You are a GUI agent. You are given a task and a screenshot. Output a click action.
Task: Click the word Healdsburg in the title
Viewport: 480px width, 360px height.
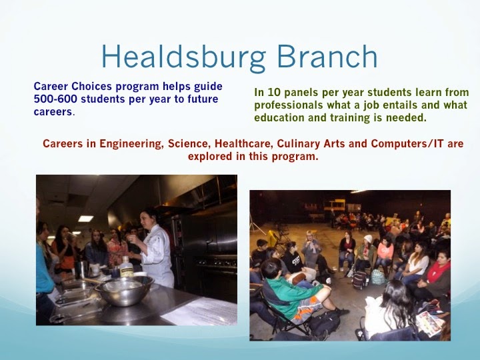(x=184, y=57)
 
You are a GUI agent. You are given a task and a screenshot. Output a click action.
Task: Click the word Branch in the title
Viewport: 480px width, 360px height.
(x=327, y=56)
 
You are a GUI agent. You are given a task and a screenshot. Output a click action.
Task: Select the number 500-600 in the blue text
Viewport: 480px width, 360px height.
(x=55, y=99)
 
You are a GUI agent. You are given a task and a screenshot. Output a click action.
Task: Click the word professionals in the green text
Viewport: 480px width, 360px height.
(x=289, y=105)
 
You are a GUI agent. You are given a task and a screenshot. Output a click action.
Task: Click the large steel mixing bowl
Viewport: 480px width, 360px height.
(x=124, y=290)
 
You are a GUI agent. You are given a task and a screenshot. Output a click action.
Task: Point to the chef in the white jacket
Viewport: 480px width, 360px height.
(x=155, y=247)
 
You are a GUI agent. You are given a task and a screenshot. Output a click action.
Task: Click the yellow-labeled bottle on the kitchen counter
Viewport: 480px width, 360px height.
(x=127, y=266)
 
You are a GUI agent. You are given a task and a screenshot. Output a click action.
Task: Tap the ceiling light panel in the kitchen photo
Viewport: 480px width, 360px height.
(x=86, y=219)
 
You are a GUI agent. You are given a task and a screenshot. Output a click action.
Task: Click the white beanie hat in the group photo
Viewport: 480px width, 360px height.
(x=368, y=239)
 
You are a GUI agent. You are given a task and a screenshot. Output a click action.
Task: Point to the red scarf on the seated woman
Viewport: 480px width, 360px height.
(x=438, y=271)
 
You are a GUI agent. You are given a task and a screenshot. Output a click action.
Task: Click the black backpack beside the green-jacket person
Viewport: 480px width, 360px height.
(x=325, y=322)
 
